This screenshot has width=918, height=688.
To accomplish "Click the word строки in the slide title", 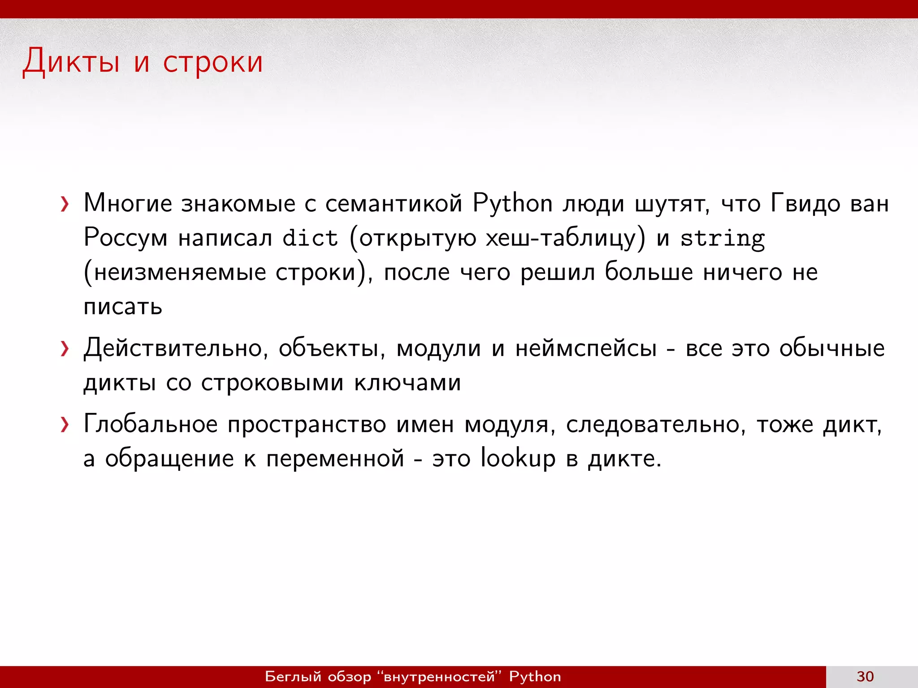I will click(213, 62).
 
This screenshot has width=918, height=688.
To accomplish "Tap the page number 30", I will click(865, 676).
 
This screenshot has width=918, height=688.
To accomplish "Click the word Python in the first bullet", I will click(512, 204).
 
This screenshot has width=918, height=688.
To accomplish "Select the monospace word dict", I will click(310, 238).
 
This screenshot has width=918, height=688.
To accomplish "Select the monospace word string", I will click(723, 239).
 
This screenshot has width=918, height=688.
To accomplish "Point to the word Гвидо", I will click(805, 204).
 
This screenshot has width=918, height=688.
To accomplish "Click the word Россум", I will click(126, 238).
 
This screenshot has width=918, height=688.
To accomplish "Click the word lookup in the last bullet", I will click(518, 458).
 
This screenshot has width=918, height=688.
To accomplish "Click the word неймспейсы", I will click(586, 348).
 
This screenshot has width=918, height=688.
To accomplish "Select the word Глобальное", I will click(151, 424).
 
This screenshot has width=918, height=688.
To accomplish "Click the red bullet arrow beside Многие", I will click(65, 204).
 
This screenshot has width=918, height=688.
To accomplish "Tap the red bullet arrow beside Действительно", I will click(65, 349).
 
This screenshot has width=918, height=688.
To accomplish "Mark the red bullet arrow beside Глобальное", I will click(65, 425).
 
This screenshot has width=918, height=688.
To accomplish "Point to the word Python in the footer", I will click(535, 676).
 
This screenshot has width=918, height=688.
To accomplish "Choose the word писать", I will click(123, 307).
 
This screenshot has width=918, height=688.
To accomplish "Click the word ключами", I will click(407, 383).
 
